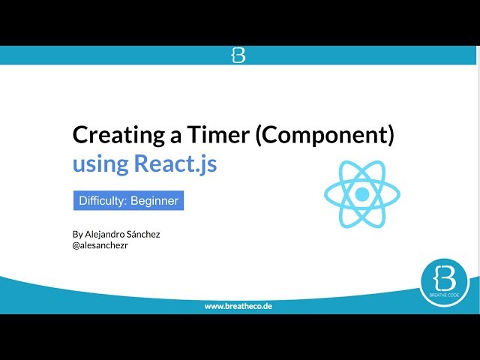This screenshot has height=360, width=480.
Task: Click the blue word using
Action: (x=99, y=163)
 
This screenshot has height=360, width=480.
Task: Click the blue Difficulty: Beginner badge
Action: (x=128, y=201)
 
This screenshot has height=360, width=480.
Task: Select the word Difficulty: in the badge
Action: (x=103, y=201)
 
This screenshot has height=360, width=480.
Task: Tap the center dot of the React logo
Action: (x=362, y=195)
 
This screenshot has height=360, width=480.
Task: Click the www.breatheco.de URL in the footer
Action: (x=238, y=307)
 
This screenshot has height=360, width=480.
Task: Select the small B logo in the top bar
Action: (x=238, y=55)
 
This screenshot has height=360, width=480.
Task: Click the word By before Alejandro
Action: (x=77, y=234)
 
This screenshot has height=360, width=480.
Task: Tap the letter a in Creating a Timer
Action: (x=180, y=136)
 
